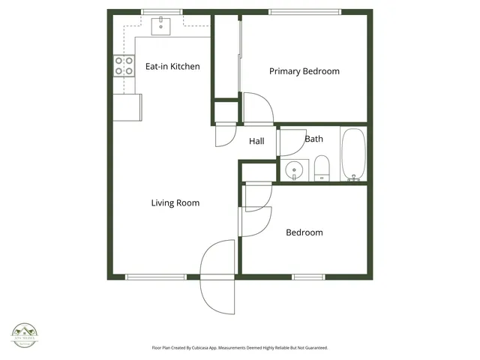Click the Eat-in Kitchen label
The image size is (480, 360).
pyautogui.click(x=172, y=67)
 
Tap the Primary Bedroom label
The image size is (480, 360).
pyautogui.click(x=304, y=72)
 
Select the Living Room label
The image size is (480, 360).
pyautogui.click(x=175, y=203)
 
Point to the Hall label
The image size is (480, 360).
pyautogui.click(x=256, y=141)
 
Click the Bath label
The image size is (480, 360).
pyautogui.click(x=313, y=139)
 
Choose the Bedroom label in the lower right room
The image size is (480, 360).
pyautogui.click(x=304, y=232)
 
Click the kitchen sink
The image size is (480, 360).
pyautogui.click(x=162, y=26)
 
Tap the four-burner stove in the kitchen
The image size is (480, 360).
pyautogui.click(x=124, y=66)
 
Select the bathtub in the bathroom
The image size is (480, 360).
pyautogui.click(x=353, y=154)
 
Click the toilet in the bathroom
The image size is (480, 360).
pyautogui.click(x=322, y=168)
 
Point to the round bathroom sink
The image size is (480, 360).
pyautogui.click(x=295, y=169)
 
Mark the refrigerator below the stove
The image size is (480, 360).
pyautogui.click(x=127, y=107)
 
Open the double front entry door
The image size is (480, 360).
pyautogui.click(x=218, y=274)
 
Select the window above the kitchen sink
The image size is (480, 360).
pyautogui.click(x=163, y=11)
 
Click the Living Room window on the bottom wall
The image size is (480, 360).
pyautogui.click(x=156, y=277)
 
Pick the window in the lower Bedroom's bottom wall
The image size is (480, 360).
pyautogui.click(x=307, y=277)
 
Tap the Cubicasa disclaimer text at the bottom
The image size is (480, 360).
pyautogui.click(x=240, y=348)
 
